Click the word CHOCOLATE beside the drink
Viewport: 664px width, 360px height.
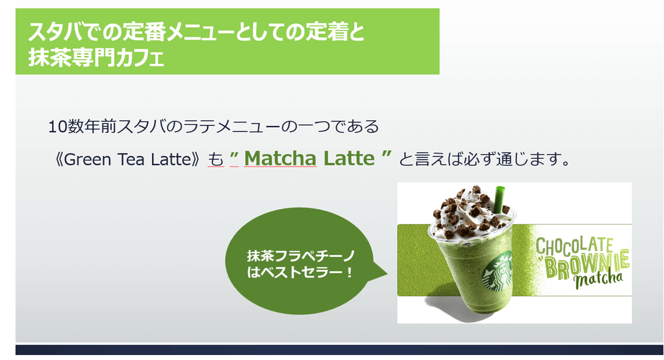574,246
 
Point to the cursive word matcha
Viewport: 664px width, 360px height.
599,279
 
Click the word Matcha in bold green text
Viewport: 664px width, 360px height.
280,159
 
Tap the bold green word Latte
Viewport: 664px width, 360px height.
349,159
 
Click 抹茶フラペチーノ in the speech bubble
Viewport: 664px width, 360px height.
301,256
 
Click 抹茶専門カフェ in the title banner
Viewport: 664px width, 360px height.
96,58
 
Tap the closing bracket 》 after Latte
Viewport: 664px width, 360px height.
195,160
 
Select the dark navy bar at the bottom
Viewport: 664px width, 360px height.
339,350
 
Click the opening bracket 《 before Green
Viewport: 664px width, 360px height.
60,160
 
